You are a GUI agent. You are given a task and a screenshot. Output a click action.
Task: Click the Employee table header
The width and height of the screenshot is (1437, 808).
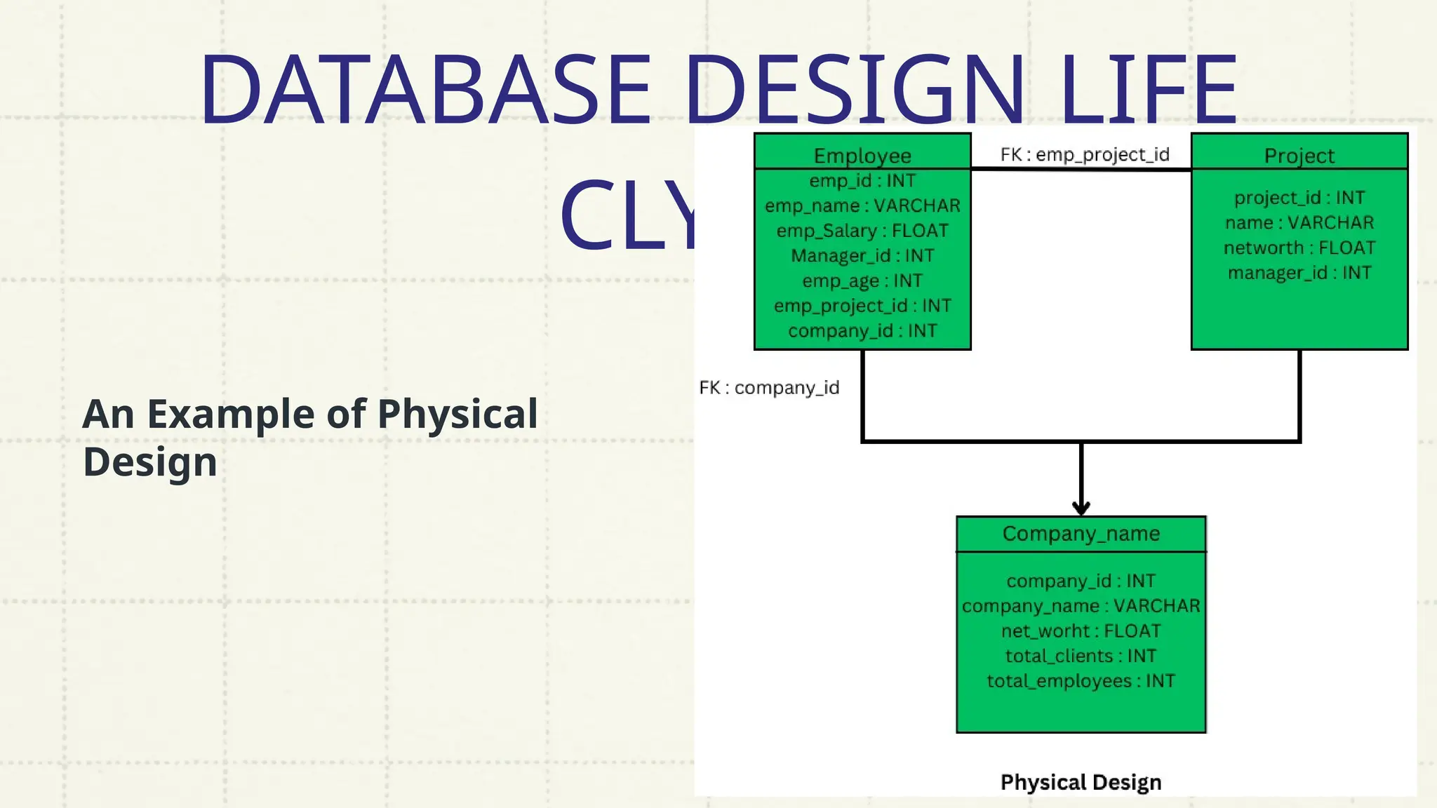click(x=862, y=155)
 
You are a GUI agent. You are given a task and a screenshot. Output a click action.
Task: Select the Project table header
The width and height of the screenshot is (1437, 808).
click(x=1299, y=155)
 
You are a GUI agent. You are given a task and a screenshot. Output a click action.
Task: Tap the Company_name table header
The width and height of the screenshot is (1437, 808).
click(x=1081, y=534)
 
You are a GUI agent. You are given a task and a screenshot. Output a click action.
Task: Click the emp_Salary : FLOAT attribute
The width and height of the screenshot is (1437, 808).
click(x=862, y=231)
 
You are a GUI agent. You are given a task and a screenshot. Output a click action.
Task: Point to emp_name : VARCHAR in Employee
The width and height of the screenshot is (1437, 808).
click(x=862, y=206)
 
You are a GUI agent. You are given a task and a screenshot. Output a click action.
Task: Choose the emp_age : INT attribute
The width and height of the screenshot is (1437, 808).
click(x=862, y=281)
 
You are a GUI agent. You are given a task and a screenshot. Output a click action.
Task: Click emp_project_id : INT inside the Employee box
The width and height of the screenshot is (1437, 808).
click(x=862, y=306)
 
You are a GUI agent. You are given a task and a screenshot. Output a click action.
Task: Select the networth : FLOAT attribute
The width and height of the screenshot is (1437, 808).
click(x=1299, y=248)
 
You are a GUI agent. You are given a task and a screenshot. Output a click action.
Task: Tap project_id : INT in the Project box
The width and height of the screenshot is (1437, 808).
click(x=1299, y=198)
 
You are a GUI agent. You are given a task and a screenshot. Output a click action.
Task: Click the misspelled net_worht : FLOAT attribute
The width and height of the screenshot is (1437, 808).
click(x=1081, y=631)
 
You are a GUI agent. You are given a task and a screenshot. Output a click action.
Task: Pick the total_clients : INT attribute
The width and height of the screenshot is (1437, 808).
click(x=1081, y=656)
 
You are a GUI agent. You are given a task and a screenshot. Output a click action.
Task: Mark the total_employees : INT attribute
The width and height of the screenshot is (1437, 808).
click(x=1081, y=681)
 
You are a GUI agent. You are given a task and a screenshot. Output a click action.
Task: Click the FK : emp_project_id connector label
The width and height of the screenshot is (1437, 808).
click(x=1085, y=154)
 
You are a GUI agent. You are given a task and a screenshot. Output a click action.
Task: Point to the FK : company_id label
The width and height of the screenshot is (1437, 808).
click(x=769, y=388)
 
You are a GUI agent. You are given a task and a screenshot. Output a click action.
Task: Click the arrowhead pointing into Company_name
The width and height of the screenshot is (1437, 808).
click(x=1081, y=508)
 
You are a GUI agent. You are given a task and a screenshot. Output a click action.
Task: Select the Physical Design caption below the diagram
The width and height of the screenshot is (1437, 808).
click(x=1081, y=782)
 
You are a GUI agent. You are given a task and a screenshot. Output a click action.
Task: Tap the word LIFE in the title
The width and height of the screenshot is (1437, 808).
click(x=1148, y=90)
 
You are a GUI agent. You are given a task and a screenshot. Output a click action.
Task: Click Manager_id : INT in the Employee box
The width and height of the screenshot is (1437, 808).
click(x=862, y=256)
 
